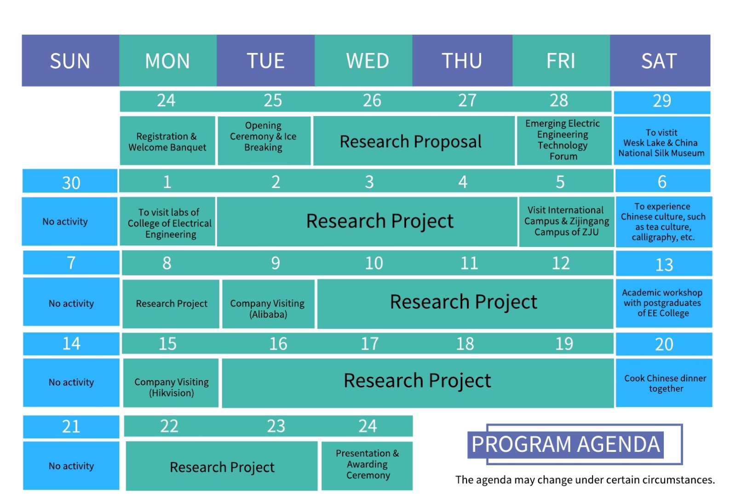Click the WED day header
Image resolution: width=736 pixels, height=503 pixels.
[x=363, y=60]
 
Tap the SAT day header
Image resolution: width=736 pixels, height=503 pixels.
[x=660, y=60]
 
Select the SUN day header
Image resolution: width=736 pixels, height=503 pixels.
[x=70, y=60]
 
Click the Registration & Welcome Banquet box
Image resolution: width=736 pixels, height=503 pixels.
[x=167, y=140]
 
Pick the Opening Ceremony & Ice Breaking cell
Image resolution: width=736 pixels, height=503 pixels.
[x=264, y=140]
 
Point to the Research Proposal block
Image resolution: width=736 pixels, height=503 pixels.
[x=414, y=140]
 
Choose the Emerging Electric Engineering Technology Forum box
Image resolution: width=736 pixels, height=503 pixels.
[x=564, y=140]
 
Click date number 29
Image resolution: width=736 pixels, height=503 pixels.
[x=662, y=101]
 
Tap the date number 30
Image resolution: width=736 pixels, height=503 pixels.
[x=71, y=182]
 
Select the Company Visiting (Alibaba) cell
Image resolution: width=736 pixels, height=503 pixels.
[x=268, y=304]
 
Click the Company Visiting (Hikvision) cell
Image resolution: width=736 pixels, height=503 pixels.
[x=171, y=383]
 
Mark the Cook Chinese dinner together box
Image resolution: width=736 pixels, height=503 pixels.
[x=664, y=383]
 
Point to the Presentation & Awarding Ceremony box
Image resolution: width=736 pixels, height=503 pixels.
[x=367, y=466]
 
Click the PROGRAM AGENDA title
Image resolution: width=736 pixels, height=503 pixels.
[x=565, y=444]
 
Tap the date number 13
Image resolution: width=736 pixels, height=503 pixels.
[x=664, y=264]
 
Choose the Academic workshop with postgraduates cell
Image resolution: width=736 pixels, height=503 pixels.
[x=664, y=303]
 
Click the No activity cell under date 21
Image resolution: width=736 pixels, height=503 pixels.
[x=71, y=466]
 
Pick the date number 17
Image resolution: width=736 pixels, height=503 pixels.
[x=370, y=344]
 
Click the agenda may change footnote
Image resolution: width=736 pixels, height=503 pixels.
[x=585, y=480]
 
